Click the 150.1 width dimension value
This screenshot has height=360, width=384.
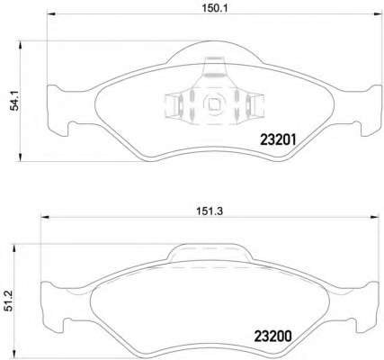click(215, 8)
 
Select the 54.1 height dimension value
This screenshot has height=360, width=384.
click(15, 101)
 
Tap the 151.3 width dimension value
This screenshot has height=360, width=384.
click(210, 211)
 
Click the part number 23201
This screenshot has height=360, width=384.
click(278, 139)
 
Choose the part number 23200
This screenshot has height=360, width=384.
click(272, 337)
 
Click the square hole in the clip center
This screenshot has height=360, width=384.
click(213, 104)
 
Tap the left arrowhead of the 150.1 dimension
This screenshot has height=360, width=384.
click(50, 14)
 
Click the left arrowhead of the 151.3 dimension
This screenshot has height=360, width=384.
click(44, 217)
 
